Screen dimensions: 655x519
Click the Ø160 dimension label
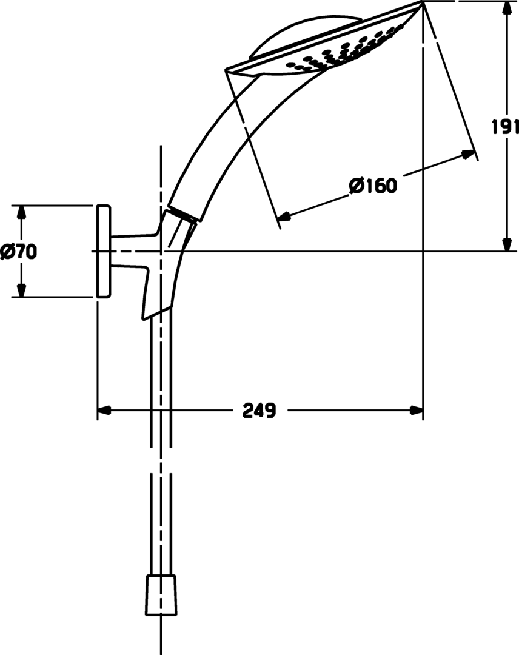(x=373, y=186)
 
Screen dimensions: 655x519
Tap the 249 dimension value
(x=259, y=411)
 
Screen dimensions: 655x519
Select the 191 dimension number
(x=505, y=127)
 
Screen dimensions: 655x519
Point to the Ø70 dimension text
(x=18, y=251)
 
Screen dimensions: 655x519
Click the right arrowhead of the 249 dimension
(x=416, y=411)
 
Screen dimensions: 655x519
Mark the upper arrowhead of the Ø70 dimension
(x=21, y=212)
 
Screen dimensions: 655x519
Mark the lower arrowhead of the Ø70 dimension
(x=21, y=291)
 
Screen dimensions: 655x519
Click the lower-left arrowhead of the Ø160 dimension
(x=283, y=215)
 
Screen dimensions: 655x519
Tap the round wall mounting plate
(x=103, y=251)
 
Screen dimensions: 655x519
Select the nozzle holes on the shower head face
(x=340, y=53)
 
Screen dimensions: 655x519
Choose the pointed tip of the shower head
(x=421, y=4)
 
